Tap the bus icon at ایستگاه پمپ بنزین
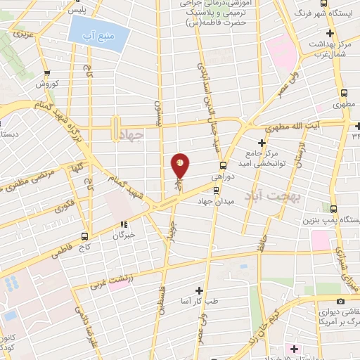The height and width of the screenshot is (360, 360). [x=333, y=209]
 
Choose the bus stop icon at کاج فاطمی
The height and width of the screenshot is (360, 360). [x=84, y=236]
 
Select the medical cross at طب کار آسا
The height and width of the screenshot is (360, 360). [x=200, y=290]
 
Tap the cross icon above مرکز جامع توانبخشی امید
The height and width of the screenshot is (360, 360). [x=262, y=143]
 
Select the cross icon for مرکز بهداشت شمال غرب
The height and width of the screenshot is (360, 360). [x=330, y=33]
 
